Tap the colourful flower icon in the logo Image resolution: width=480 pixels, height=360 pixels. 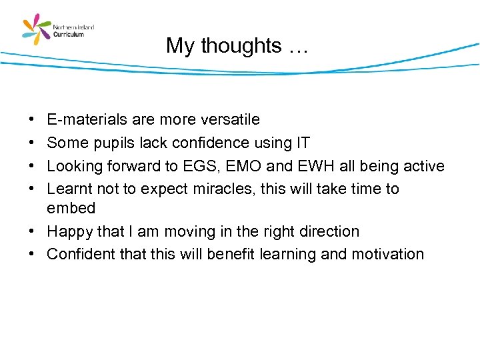click(x=37, y=29)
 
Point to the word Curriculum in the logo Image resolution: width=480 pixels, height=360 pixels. click(x=69, y=34)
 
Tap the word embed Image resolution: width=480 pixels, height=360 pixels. click(x=71, y=208)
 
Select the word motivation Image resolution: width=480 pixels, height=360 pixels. click(x=387, y=254)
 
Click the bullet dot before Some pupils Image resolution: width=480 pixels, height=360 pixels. click(x=33, y=143)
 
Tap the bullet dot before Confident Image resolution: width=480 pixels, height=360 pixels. click(x=33, y=255)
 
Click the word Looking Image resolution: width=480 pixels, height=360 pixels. click(x=74, y=166)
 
